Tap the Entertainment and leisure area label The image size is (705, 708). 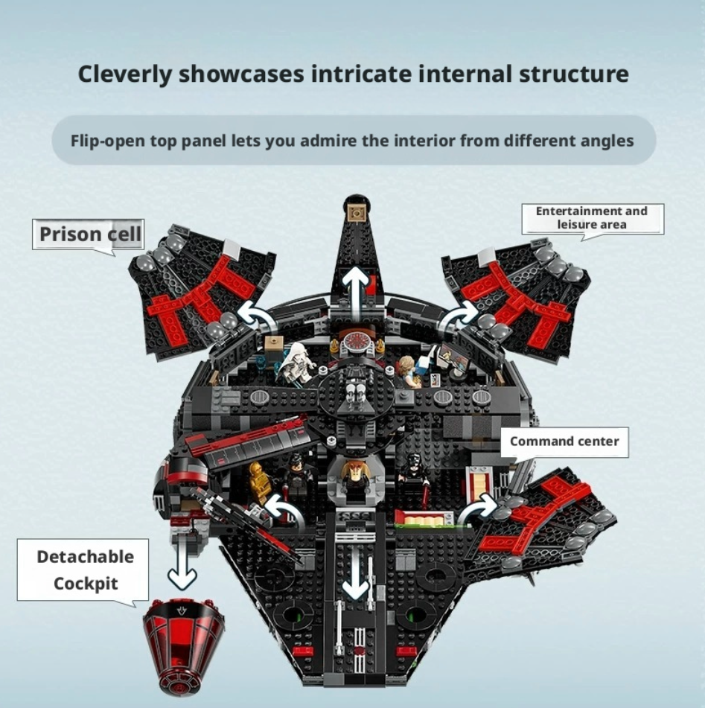coord(592,219)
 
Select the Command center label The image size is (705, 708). coord(564,441)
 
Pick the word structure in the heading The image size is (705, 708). coord(573,74)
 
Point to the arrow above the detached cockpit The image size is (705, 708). coord(182,564)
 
